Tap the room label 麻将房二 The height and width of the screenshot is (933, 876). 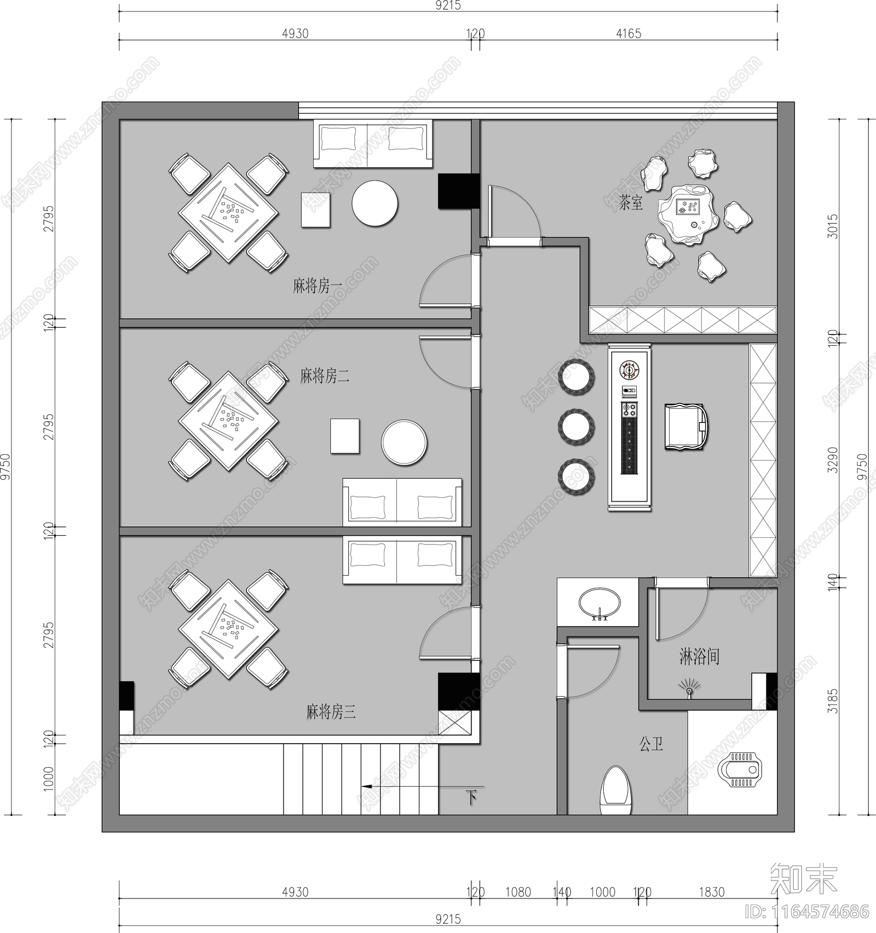(x=324, y=376)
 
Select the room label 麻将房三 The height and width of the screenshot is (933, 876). (x=331, y=712)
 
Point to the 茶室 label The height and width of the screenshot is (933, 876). (x=631, y=204)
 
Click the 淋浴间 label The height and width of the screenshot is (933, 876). (x=699, y=656)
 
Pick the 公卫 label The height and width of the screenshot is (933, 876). (x=651, y=744)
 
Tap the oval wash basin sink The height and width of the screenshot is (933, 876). (x=600, y=602)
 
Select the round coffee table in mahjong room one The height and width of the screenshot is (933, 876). (x=374, y=204)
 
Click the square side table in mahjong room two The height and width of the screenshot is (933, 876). (x=345, y=436)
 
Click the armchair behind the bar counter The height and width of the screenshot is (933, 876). (x=686, y=427)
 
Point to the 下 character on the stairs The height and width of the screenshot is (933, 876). (x=471, y=797)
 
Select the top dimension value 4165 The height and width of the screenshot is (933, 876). (x=628, y=33)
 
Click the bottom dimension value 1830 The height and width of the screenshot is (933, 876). (x=711, y=892)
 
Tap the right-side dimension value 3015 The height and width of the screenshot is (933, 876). (x=832, y=225)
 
